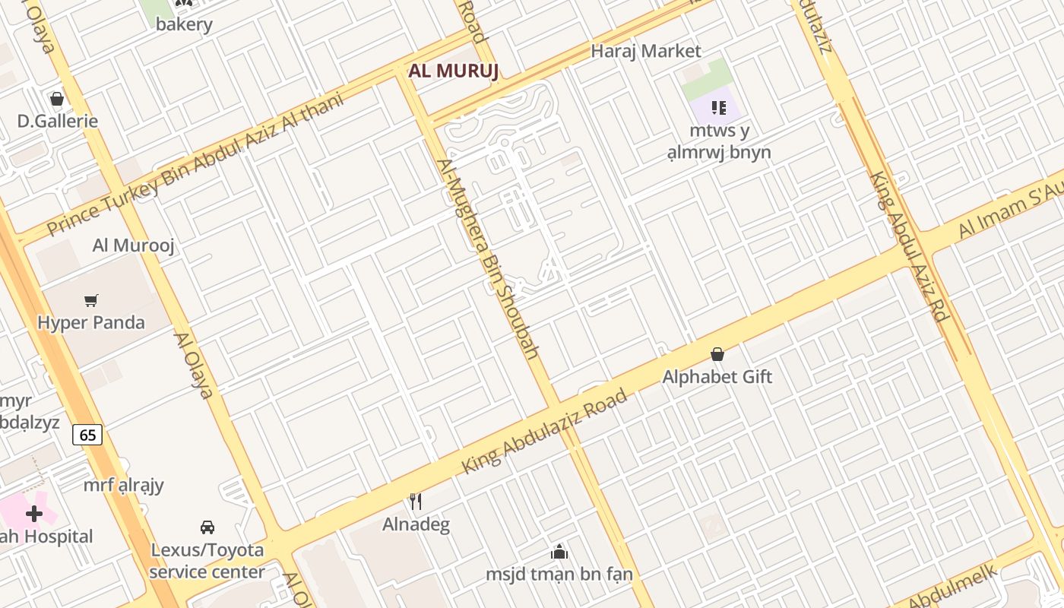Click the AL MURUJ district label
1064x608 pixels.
tap(454, 71)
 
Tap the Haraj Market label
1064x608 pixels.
tap(646, 51)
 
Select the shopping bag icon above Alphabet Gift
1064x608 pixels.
tap(717, 354)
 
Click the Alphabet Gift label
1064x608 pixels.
tap(717, 376)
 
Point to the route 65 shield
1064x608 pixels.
tap(87, 435)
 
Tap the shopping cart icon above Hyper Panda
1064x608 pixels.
tap(91, 300)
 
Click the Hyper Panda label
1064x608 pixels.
tap(91, 322)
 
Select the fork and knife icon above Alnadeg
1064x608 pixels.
tap(416, 502)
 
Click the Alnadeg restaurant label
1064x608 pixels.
tap(416, 524)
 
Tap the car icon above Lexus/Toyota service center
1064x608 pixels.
tap(207, 527)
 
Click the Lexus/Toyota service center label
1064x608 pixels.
tap(207, 561)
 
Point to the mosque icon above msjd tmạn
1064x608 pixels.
tap(559, 552)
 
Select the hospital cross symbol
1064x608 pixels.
tap(34, 514)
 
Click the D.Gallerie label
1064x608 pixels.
tap(58, 121)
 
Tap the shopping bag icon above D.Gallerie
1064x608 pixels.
tap(56, 99)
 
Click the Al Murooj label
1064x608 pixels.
tap(134, 245)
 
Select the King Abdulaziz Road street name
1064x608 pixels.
tap(545, 432)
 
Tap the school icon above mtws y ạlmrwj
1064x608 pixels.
tap(718, 108)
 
